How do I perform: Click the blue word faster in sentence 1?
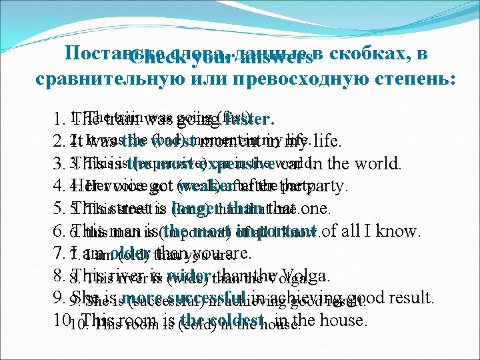(x=249, y=121)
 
